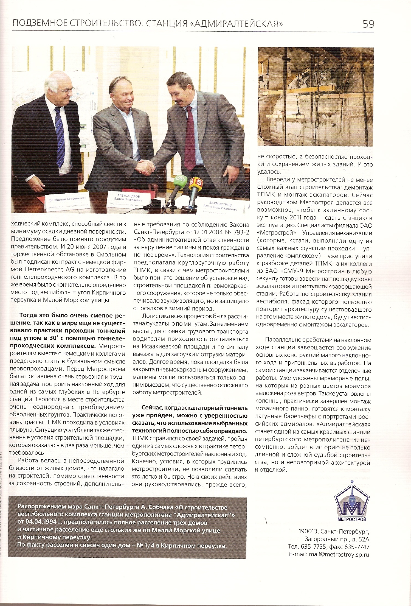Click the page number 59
(x=368, y=24)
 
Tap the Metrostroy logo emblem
(x=352, y=500)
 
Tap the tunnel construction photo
(x=316, y=97)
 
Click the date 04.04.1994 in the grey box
(x=41, y=522)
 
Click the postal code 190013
(x=308, y=531)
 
